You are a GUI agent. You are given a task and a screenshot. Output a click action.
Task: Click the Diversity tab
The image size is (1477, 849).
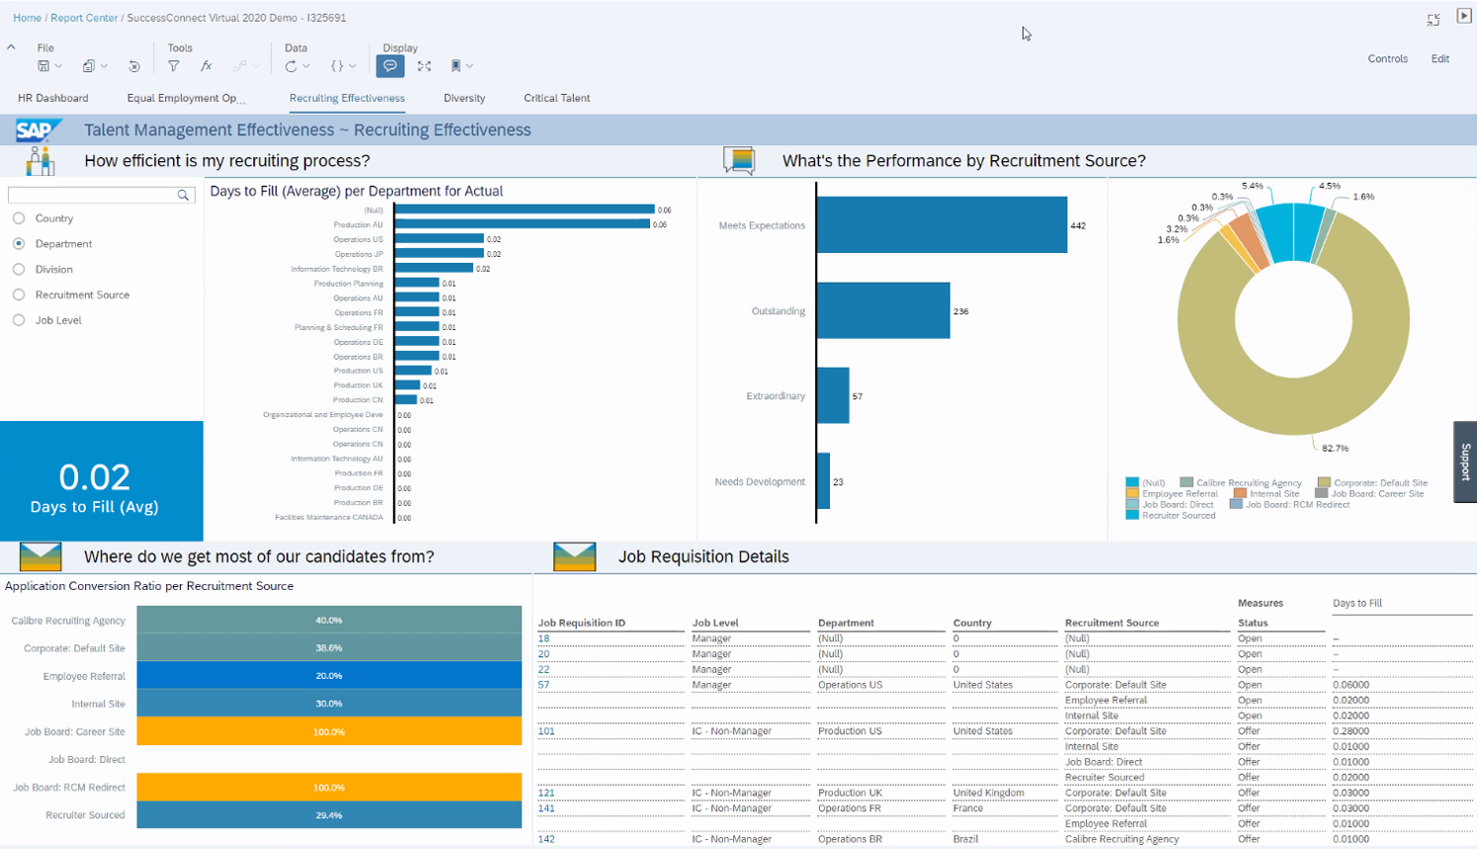[x=463, y=98]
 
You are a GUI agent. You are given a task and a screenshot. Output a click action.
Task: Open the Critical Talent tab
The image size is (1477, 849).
[x=556, y=98]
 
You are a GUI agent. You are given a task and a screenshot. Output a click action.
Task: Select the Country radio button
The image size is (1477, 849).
[x=19, y=218]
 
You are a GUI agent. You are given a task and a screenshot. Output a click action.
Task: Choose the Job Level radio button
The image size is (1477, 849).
[x=19, y=320]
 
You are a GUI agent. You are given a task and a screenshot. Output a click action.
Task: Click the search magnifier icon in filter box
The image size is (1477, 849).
[x=183, y=196]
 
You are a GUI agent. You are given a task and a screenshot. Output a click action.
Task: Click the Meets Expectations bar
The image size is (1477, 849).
[x=941, y=225]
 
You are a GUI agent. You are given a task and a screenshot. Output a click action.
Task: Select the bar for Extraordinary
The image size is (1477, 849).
[x=833, y=395]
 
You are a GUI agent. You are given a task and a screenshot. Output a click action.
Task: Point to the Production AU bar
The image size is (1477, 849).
[x=522, y=224]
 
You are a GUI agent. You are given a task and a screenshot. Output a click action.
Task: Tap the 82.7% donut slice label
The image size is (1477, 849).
[x=1335, y=448]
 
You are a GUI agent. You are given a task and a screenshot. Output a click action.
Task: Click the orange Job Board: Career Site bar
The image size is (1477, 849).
[x=329, y=731]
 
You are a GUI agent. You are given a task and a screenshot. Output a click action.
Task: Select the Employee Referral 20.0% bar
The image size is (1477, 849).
[x=329, y=676]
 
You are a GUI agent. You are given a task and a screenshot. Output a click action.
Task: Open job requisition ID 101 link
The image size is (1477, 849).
[x=546, y=731]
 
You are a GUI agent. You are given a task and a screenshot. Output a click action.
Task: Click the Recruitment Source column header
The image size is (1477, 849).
[x=1111, y=623]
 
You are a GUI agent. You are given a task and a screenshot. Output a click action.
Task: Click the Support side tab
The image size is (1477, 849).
[x=1464, y=462]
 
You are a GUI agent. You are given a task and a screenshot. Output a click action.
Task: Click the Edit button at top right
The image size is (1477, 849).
[x=1439, y=59]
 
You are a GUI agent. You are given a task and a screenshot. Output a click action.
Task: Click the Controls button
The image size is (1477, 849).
[x=1387, y=59]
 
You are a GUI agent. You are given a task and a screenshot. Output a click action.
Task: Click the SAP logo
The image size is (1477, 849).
[x=38, y=130]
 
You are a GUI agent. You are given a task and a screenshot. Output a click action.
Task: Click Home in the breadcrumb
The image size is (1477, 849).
[x=27, y=18]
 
